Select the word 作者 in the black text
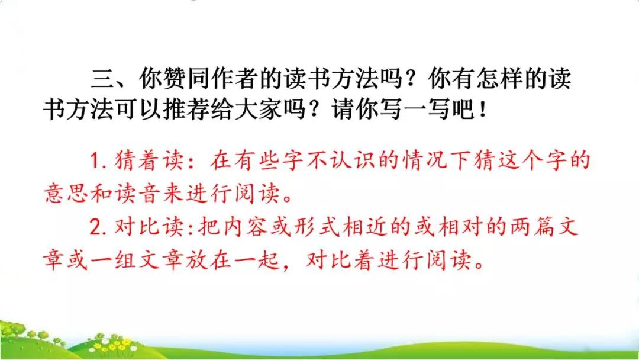click(x=246, y=79)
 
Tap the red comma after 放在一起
click(x=289, y=264)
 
